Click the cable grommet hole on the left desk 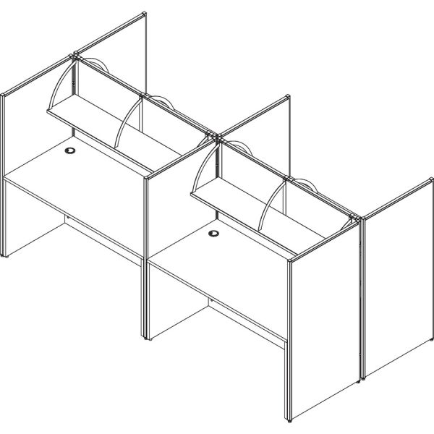pyautogui.click(x=70, y=151)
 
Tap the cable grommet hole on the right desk pyautogui.click(x=214, y=234)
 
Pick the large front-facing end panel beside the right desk pyautogui.click(x=325, y=333)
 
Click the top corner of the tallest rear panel pyautogui.click(x=144, y=14)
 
